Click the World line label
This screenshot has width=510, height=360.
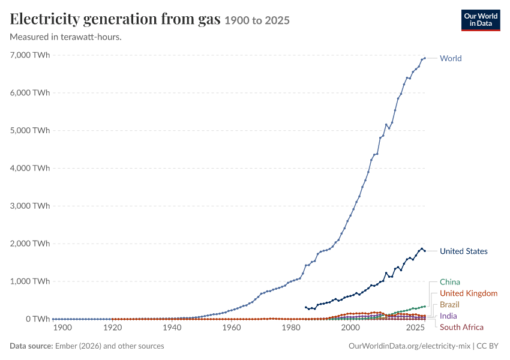[451, 58]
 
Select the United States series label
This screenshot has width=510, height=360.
[463, 251]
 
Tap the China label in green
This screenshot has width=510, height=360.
[450, 282]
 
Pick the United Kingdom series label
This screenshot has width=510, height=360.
[469, 293]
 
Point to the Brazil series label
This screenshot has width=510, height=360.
[449, 304]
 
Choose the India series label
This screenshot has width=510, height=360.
[448, 316]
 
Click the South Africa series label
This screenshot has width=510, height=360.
[461, 327]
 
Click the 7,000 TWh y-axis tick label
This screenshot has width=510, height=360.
[30, 55]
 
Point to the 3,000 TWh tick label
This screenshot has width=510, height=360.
[30, 206]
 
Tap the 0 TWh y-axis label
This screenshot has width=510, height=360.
[38, 319]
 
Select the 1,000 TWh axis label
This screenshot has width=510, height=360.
[30, 281]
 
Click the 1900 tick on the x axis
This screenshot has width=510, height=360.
[62, 328]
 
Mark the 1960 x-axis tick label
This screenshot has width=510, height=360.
[232, 328]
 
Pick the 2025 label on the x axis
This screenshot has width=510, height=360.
[415, 328]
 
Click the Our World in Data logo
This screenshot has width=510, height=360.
[481, 20]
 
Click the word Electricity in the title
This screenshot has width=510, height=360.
[44, 19]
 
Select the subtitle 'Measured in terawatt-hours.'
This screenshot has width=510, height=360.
[66, 37]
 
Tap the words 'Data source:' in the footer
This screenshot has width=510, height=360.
[31, 346]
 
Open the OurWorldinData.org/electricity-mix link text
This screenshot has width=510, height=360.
[409, 346]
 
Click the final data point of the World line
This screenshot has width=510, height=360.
[425, 58]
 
